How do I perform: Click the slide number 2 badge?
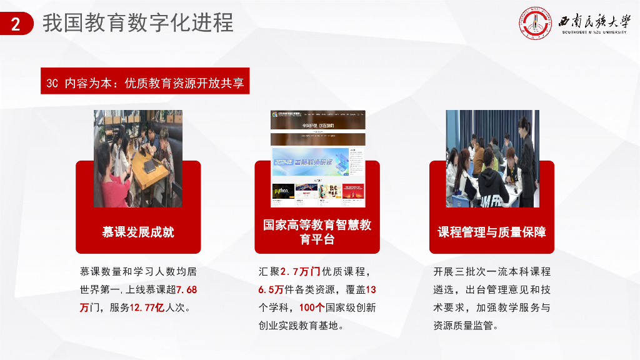(x=15, y=24)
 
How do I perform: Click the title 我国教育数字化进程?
(x=137, y=24)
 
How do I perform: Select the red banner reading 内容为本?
(x=145, y=82)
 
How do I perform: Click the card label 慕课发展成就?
(x=138, y=232)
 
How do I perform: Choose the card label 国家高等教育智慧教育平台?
(x=317, y=232)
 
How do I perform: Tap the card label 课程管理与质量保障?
(x=492, y=232)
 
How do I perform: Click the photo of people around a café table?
(x=137, y=157)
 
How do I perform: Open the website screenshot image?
(x=317, y=157)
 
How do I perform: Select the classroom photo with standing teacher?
(x=492, y=157)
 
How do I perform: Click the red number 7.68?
(x=187, y=290)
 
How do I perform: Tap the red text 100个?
(x=311, y=307)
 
